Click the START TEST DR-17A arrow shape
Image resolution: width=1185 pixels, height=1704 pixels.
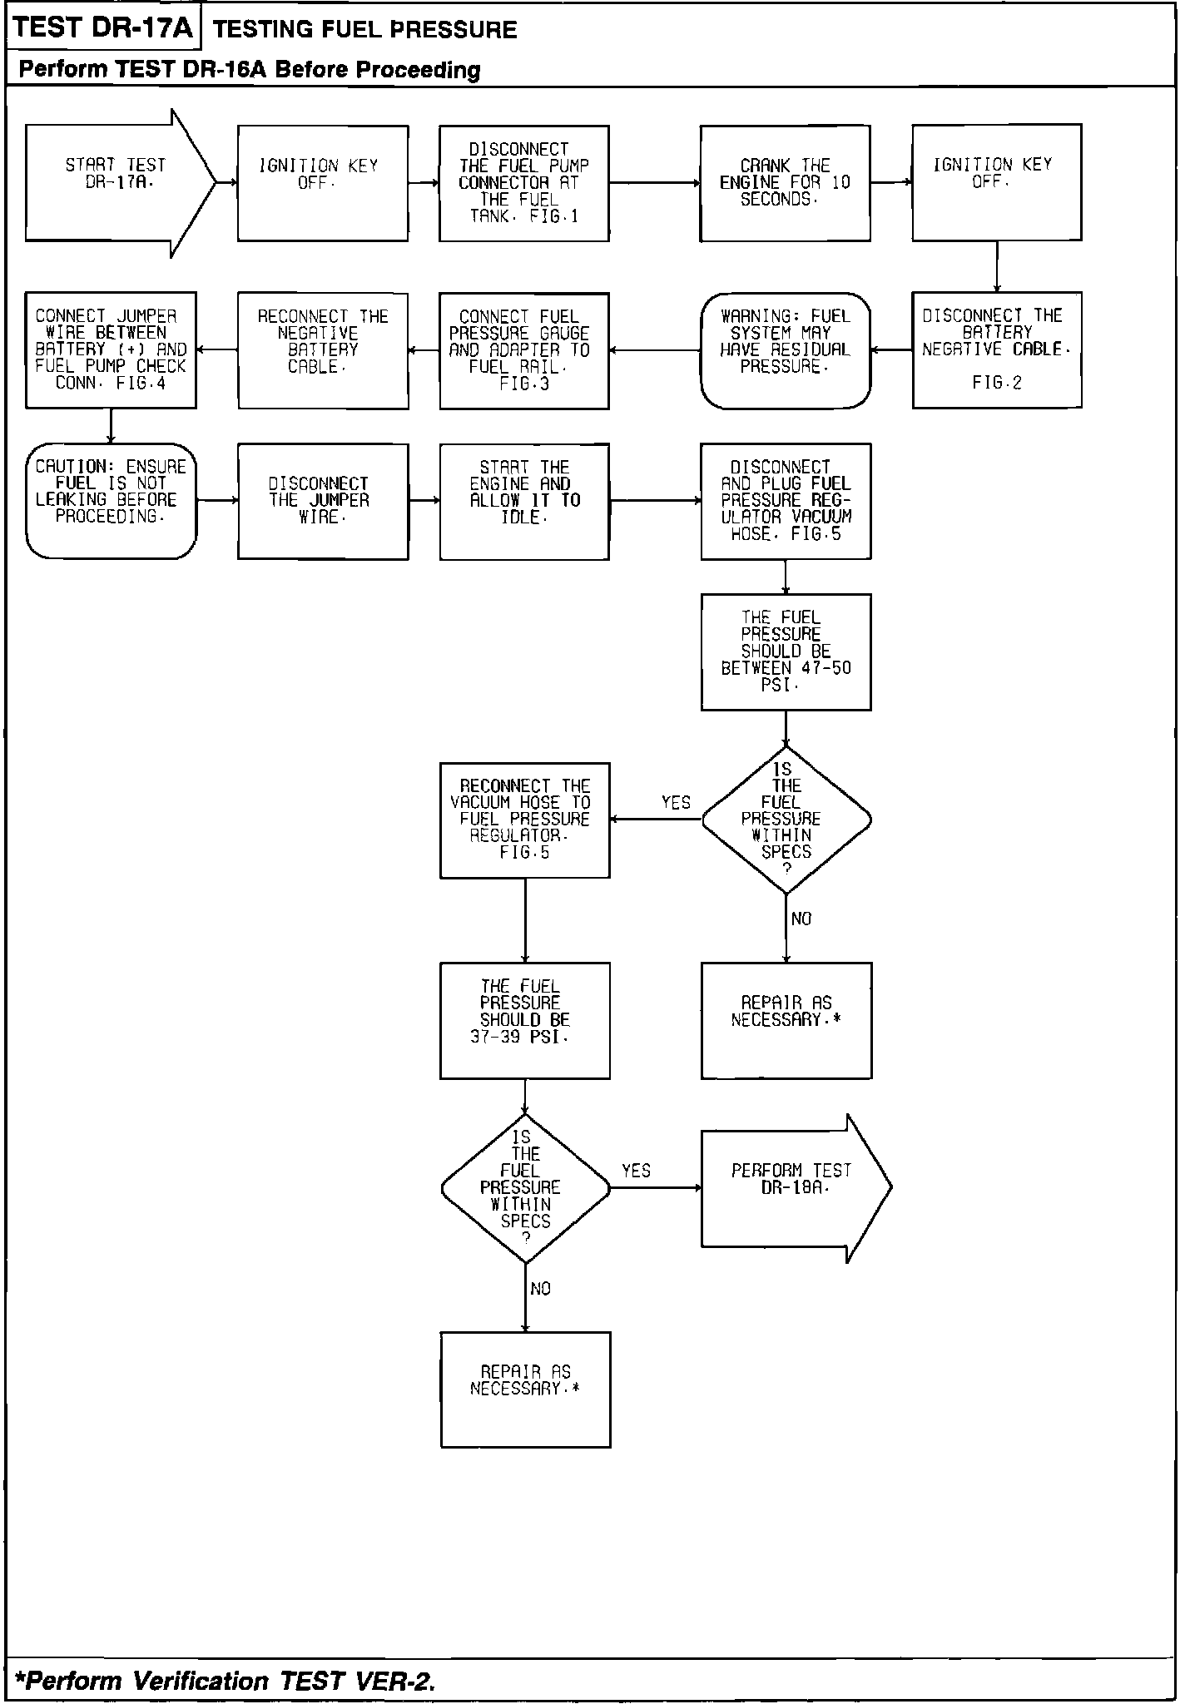click(117, 183)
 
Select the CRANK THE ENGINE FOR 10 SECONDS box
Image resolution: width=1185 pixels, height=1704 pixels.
click(785, 183)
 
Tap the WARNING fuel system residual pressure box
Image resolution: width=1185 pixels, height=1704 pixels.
click(785, 350)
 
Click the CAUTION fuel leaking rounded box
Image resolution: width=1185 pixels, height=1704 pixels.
click(111, 501)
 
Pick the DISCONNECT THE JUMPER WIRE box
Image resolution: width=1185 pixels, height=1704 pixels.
click(323, 501)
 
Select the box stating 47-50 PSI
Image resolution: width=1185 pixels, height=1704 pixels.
click(786, 651)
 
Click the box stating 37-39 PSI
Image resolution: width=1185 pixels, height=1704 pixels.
click(524, 1020)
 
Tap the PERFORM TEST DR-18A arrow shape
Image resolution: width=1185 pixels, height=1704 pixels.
click(791, 1188)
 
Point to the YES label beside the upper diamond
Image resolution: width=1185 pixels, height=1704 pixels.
click(676, 803)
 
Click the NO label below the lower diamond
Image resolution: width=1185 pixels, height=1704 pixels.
click(541, 1289)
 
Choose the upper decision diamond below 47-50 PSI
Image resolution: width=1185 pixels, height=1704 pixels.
click(786, 820)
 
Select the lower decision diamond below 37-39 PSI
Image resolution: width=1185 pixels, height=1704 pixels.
click(525, 1188)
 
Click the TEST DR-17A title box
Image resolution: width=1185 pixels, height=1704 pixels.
click(104, 28)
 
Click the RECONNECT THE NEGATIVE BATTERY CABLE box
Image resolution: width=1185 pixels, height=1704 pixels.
click(323, 350)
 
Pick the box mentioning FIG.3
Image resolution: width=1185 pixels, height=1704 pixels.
click(524, 350)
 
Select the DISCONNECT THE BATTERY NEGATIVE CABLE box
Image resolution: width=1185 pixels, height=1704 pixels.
click(996, 349)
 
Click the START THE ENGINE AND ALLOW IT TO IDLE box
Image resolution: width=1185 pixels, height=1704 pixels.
click(524, 501)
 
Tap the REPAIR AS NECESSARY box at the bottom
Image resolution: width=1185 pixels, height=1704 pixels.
click(525, 1389)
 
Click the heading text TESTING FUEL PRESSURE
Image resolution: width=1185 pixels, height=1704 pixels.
click(365, 30)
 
